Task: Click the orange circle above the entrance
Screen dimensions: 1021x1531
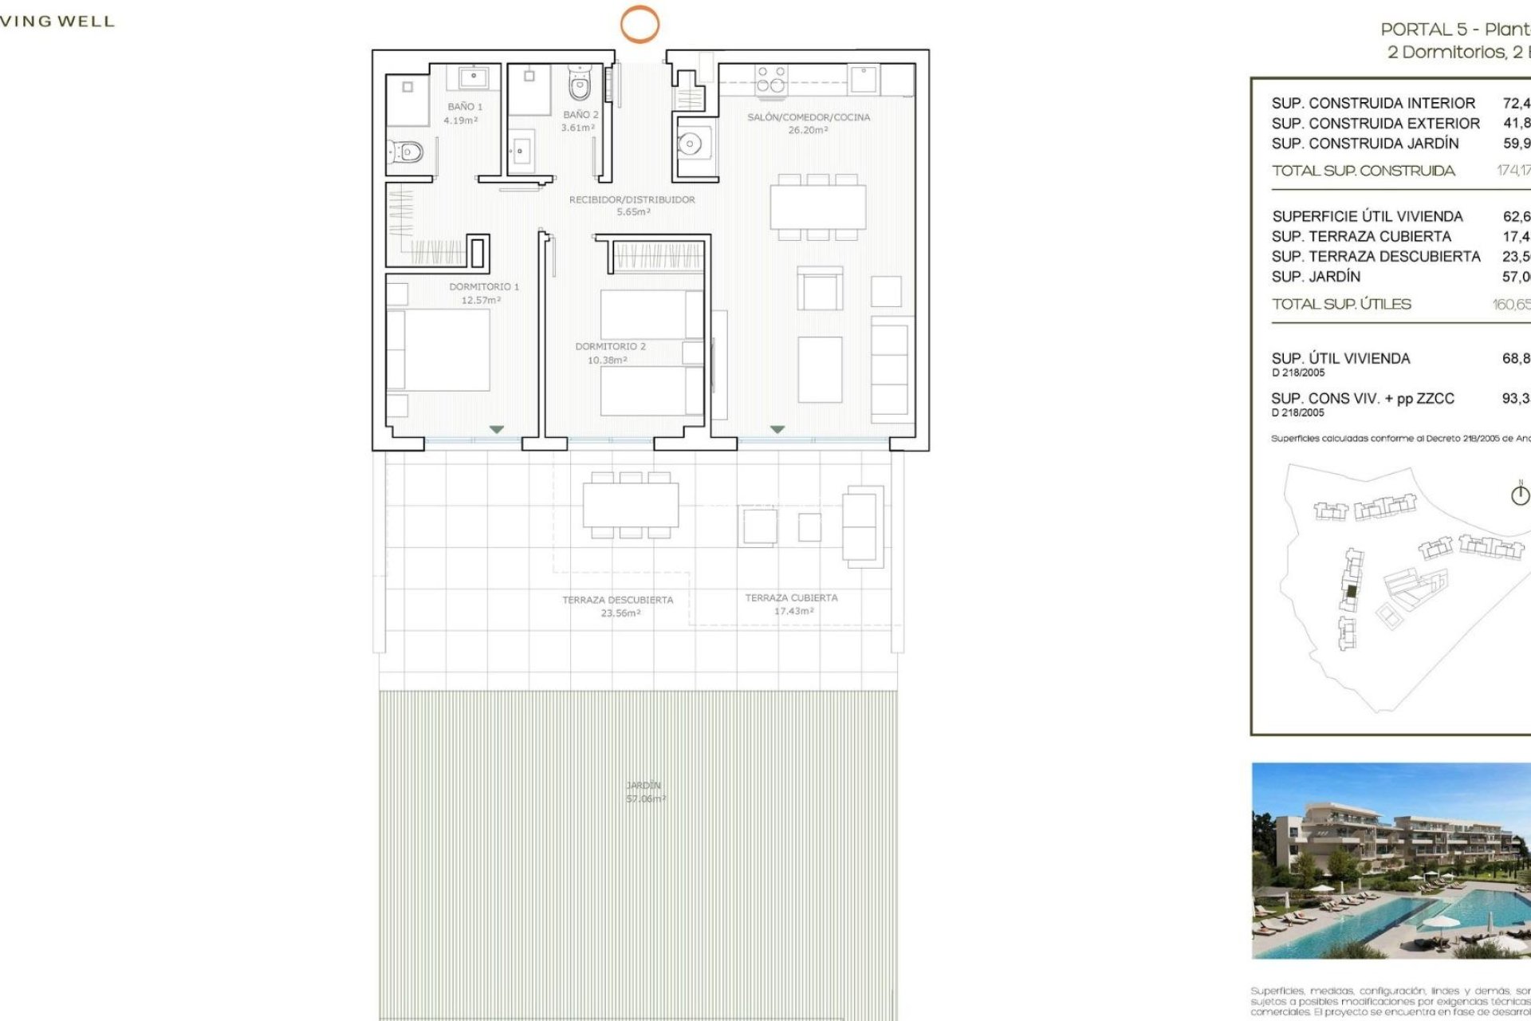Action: [x=640, y=23]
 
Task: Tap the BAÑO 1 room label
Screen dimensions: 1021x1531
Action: [x=464, y=107]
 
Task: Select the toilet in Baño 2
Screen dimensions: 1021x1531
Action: [x=580, y=84]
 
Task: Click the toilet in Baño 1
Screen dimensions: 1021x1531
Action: [x=406, y=151]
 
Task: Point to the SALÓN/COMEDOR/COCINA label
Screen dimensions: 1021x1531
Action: [x=808, y=117]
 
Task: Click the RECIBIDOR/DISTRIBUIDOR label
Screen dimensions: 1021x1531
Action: [x=632, y=200]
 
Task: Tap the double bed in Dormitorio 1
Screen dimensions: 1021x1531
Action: [x=439, y=350]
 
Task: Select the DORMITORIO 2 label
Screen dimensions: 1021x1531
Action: [x=610, y=347]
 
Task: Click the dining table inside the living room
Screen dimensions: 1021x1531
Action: [x=817, y=207]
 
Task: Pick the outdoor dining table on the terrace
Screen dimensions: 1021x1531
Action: [x=630, y=505]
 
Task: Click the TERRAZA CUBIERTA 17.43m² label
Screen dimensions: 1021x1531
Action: [x=791, y=604]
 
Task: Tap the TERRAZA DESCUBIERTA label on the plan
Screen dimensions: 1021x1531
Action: [x=617, y=600]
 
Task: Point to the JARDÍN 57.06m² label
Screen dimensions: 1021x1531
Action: [x=644, y=791]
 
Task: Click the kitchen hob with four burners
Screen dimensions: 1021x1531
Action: [x=770, y=80]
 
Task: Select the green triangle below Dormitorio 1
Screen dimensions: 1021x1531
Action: [x=496, y=430]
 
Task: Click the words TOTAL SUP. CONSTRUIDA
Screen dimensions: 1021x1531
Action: [x=1363, y=171]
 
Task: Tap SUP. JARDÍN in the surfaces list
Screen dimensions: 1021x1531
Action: [x=1316, y=277]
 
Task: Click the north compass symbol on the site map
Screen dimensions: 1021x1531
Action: [x=1520, y=495]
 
